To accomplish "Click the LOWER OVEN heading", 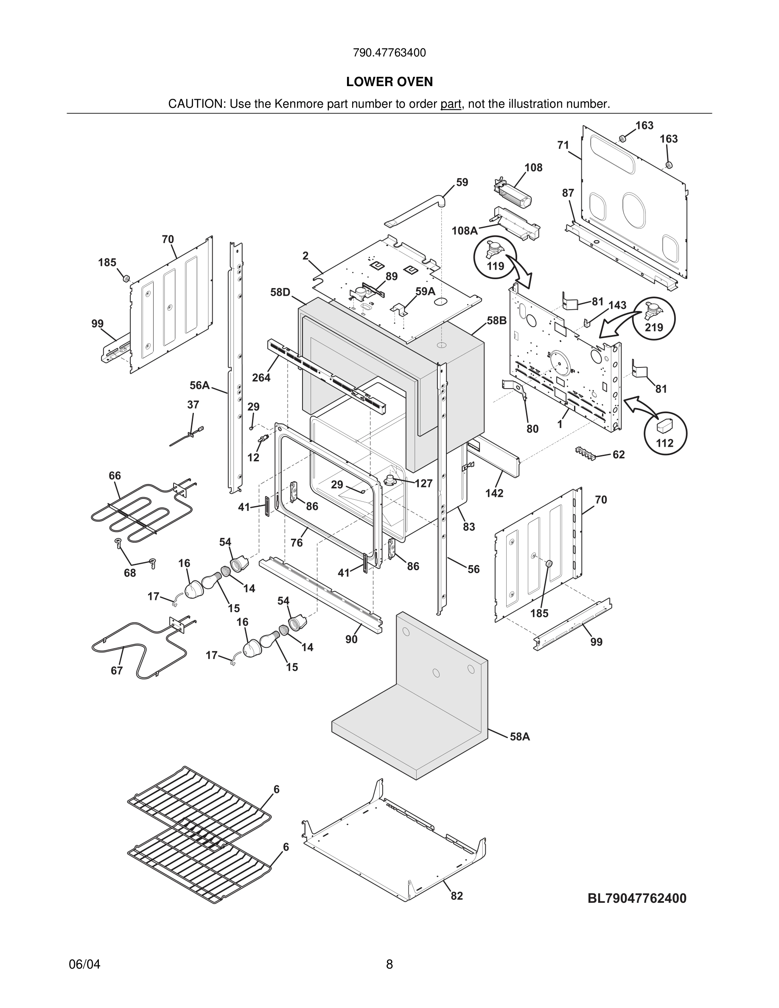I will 389,82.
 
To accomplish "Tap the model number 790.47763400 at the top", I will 389,53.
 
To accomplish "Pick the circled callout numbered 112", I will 665,432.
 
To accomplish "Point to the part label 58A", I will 520,736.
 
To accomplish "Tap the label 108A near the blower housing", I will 464,230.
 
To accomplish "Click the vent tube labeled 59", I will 415,212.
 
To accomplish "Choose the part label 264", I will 261,378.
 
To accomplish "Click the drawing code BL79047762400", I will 637,898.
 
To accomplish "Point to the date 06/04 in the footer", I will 84,964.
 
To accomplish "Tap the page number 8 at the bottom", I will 389,964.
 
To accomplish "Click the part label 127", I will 423,483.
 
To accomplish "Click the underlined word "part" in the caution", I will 451,104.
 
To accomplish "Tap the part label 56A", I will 199,385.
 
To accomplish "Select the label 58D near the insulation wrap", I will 280,292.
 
